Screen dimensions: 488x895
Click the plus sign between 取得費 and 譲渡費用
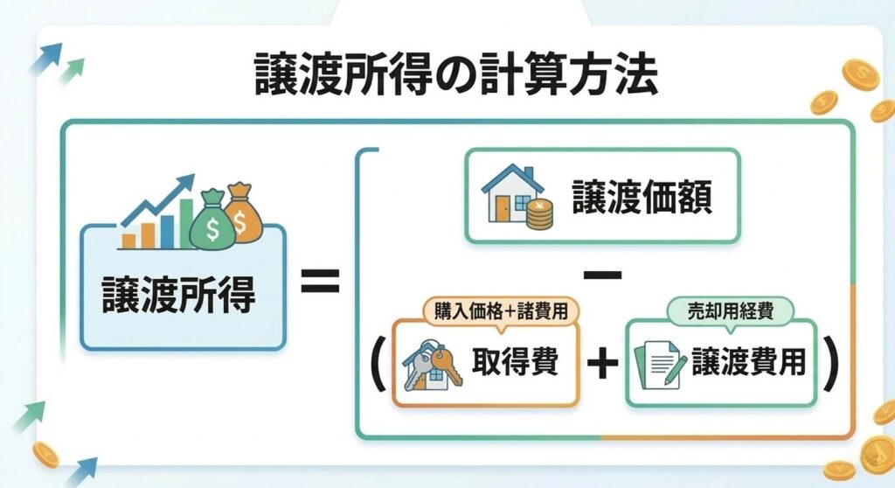pos(601,364)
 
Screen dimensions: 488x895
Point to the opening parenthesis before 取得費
pos(378,364)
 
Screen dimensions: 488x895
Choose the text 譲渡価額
pos(642,198)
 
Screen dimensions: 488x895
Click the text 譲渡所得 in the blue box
pos(179,296)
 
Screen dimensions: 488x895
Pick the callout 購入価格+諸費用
pos(501,310)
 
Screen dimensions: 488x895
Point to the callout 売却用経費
pos(730,310)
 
